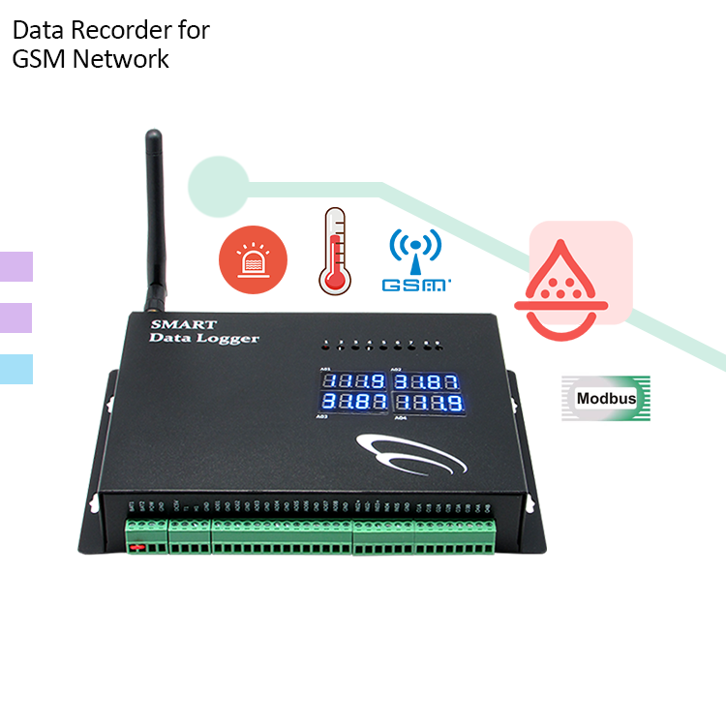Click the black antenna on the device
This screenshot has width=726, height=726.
pos(154,223)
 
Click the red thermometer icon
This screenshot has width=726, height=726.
pos(334,252)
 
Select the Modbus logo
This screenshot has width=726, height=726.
pos(605,398)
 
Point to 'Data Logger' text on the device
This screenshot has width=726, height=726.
pos(204,339)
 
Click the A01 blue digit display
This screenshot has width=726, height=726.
pos(353,379)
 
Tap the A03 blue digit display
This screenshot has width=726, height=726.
pos(353,401)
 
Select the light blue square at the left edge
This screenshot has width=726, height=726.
pos(15,369)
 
